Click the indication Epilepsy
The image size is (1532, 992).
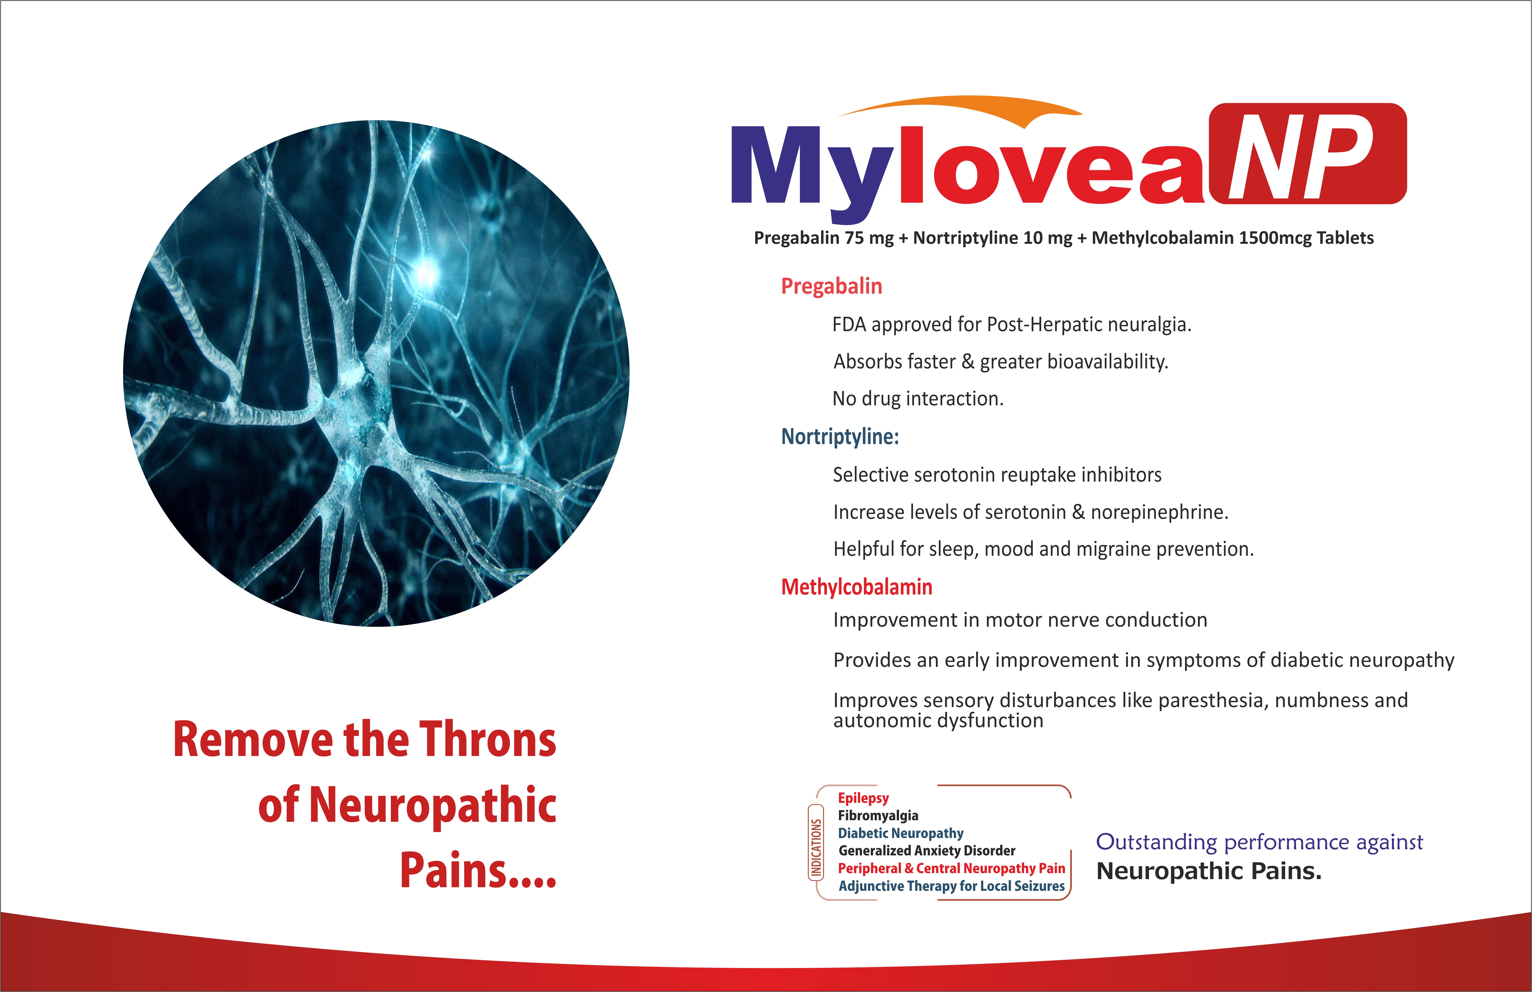point(863,798)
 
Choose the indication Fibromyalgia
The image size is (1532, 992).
point(878,816)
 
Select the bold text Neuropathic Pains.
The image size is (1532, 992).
point(1209,871)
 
